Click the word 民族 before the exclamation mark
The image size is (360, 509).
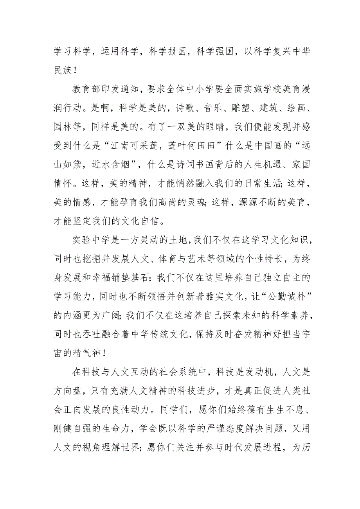point(63,70)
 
